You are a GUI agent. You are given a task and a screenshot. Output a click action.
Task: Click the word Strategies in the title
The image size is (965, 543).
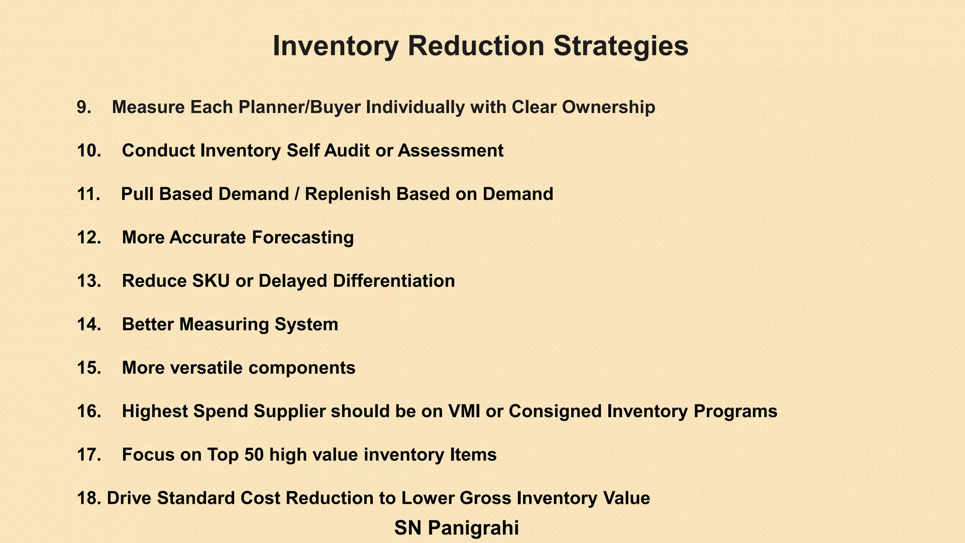point(621,46)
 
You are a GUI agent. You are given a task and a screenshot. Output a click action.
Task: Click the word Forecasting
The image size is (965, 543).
point(303,238)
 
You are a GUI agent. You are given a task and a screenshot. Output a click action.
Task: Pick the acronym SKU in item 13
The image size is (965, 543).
point(211,281)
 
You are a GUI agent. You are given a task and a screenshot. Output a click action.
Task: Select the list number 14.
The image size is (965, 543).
point(89,324)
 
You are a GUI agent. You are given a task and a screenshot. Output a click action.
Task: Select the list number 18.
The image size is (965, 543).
point(89,498)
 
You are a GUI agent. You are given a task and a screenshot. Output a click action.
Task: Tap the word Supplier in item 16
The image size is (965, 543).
point(290,411)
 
